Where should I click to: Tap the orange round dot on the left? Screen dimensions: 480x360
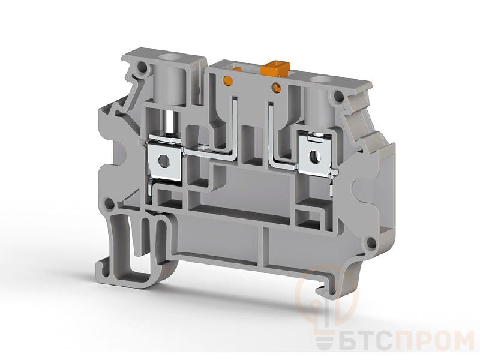[x=228, y=80]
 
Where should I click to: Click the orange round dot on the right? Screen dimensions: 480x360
[x=278, y=87]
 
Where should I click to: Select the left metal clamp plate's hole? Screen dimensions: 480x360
[x=164, y=160]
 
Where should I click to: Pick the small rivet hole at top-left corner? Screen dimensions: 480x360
[x=142, y=67]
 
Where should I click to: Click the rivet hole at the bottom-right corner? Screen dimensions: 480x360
[x=371, y=243]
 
